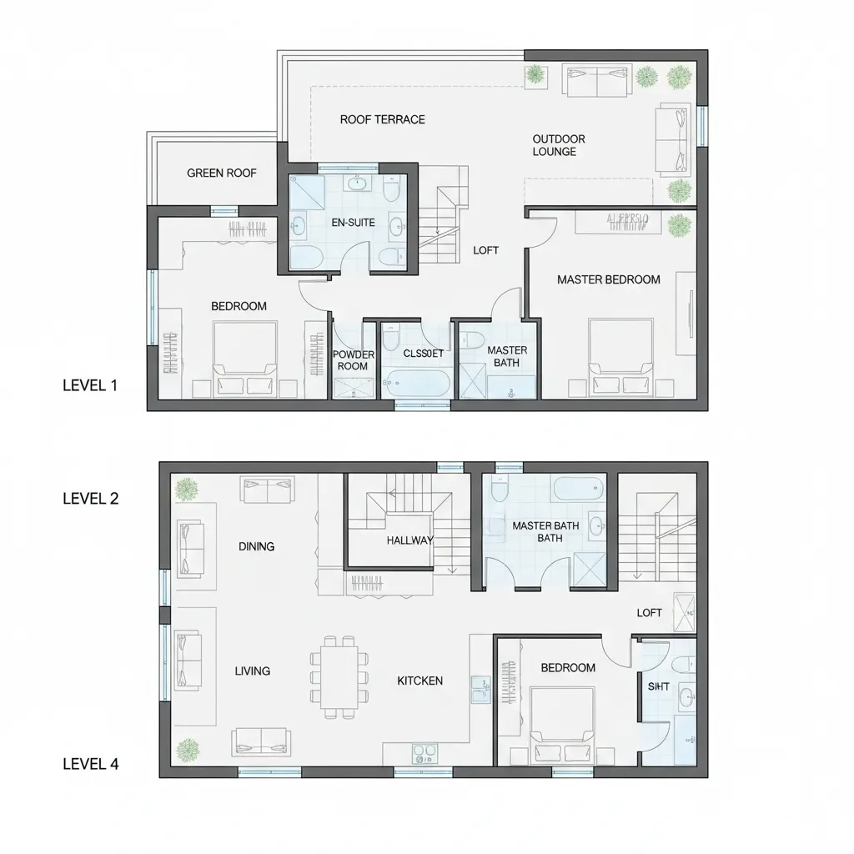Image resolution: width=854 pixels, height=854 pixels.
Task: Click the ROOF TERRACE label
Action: point(382,119)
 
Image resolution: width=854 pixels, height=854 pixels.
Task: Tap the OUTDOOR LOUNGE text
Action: point(559,145)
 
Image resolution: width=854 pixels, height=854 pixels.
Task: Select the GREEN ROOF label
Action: point(221,173)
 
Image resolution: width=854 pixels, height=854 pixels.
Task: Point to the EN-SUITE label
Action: point(354,223)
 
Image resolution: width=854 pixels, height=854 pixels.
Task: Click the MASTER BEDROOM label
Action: point(609,279)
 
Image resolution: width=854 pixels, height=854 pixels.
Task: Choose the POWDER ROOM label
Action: point(354,360)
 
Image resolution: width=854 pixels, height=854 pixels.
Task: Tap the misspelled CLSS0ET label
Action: point(422,353)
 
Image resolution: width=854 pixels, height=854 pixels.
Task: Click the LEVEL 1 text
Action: point(90,385)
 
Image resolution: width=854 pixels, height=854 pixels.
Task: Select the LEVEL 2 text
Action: point(90,499)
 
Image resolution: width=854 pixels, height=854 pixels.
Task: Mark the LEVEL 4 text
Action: point(90,763)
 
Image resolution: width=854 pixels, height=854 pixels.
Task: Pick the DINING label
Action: point(256,546)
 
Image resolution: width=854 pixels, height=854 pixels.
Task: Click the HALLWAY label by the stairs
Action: point(410,540)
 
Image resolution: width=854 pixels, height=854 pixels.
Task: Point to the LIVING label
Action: point(252,671)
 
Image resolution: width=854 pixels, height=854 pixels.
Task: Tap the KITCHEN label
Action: point(419,681)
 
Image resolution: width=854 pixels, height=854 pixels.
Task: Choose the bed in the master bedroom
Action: point(620,354)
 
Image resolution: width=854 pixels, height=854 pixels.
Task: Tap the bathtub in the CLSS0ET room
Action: point(416,384)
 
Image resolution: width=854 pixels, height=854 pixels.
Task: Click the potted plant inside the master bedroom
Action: point(681,224)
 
